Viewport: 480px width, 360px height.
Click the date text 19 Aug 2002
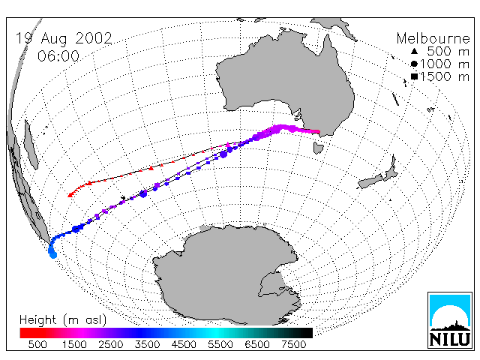click(x=64, y=39)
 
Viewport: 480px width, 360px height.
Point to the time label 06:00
click(x=58, y=56)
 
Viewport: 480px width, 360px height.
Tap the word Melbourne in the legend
click(x=433, y=38)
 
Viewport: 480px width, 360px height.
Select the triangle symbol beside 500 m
click(x=414, y=51)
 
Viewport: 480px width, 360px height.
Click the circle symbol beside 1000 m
click(x=414, y=64)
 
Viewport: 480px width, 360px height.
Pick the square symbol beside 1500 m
click(x=414, y=76)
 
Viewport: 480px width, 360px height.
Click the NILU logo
click(x=450, y=320)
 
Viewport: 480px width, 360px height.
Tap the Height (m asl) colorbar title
click(x=63, y=320)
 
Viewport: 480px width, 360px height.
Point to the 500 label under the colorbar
click(x=37, y=344)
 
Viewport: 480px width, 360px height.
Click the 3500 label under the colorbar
click(x=147, y=344)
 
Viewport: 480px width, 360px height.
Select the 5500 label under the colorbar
click(x=220, y=344)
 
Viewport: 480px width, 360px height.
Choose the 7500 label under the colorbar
click(x=293, y=344)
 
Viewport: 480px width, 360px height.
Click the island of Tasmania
click(x=318, y=148)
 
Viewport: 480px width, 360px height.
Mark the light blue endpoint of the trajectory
click(x=53, y=255)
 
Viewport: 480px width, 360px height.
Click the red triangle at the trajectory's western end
click(x=70, y=195)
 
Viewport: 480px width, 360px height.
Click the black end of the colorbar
click(x=306, y=333)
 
